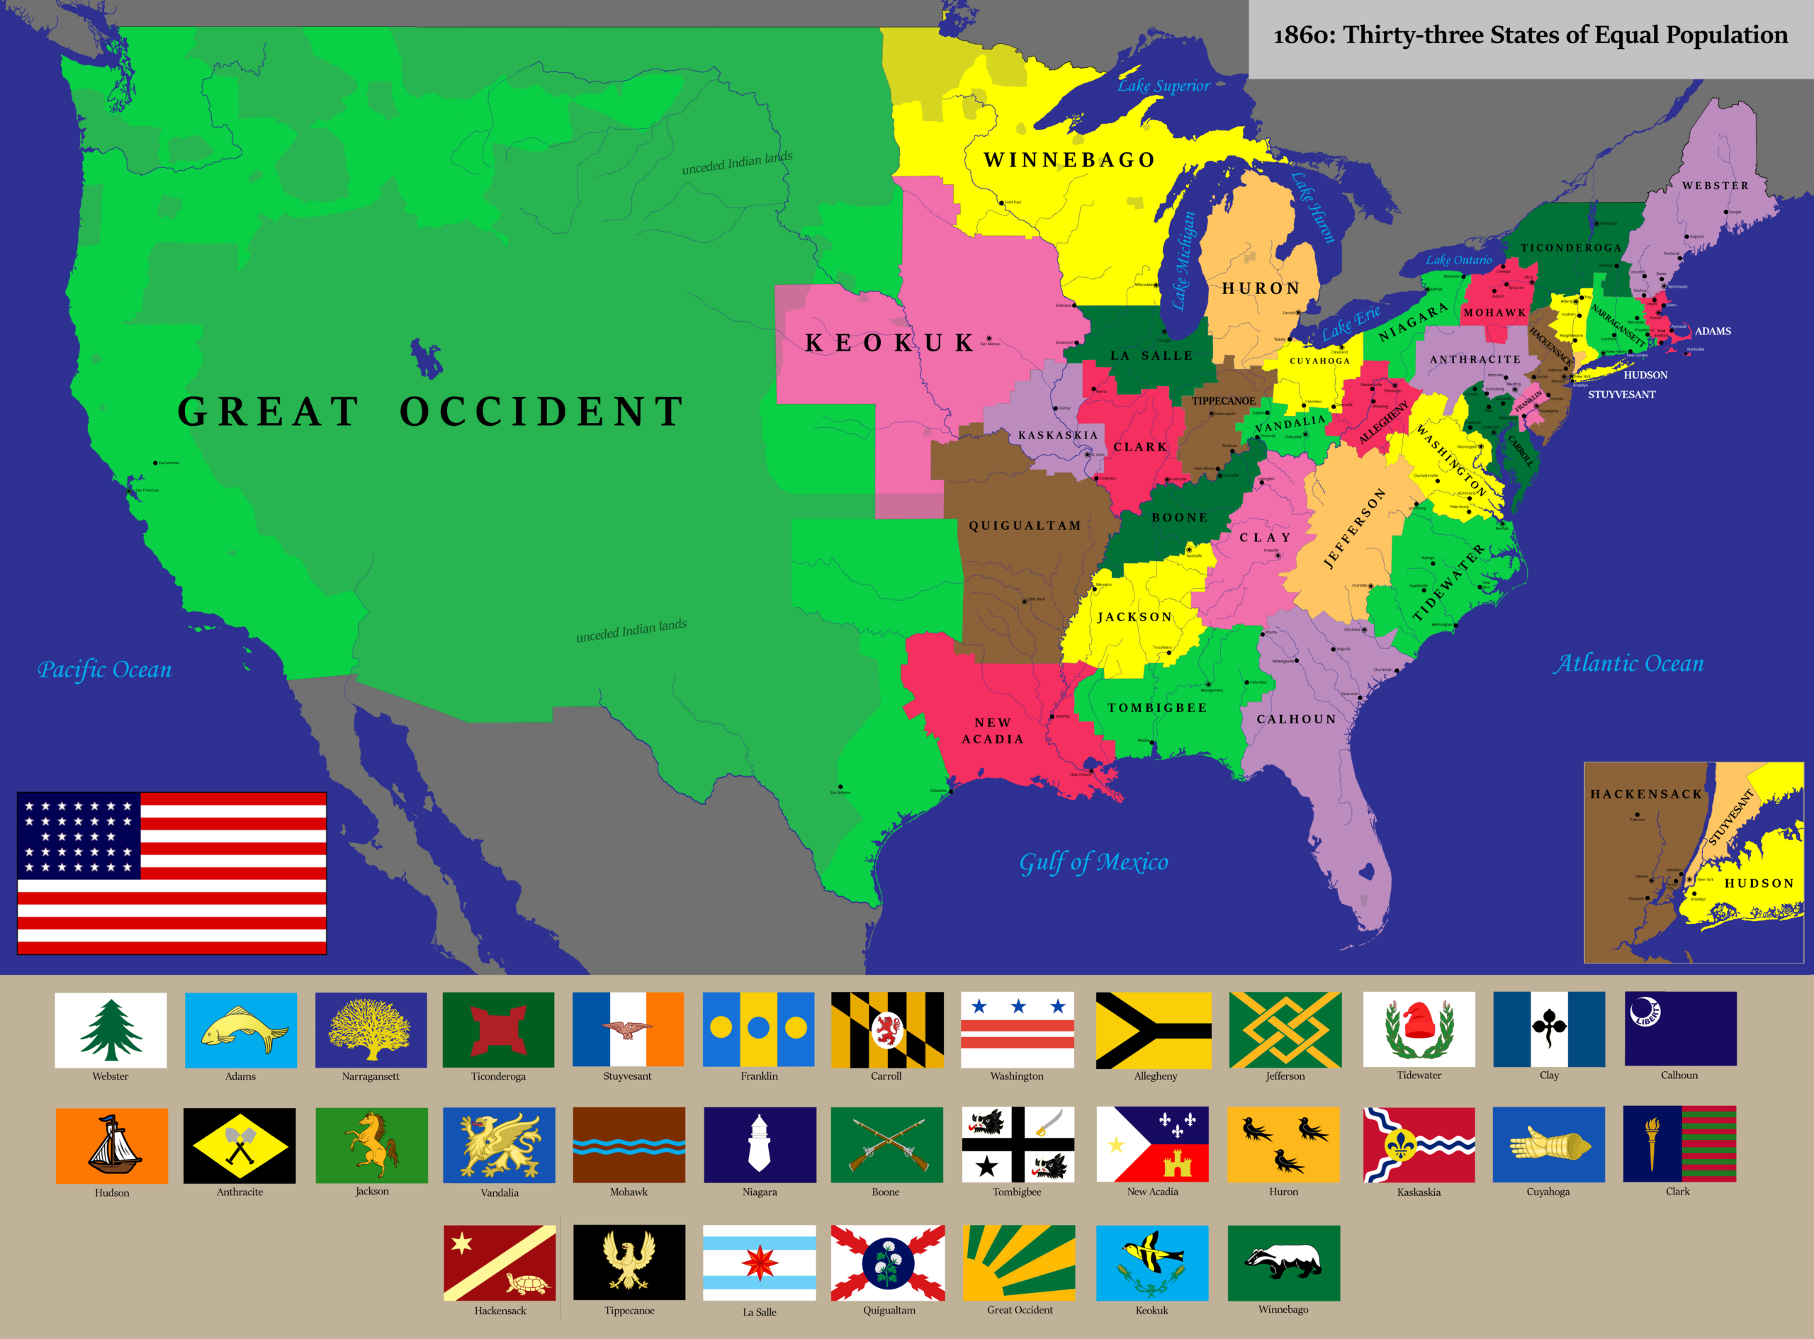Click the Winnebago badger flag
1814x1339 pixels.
[1283, 1262]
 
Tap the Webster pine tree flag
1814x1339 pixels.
[111, 1029]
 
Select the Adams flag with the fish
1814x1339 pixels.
[241, 1029]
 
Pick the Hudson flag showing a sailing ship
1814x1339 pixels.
[112, 1146]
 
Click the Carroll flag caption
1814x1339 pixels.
[886, 1076]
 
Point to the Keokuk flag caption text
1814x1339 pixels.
[1151, 1311]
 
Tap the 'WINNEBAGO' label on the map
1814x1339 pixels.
[1069, 159]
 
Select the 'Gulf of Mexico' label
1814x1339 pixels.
[1093, 862]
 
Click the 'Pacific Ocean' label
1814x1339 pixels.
[105, 669]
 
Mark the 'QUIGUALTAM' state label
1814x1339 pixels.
[1025, 526]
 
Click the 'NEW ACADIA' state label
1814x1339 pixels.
[993, 730]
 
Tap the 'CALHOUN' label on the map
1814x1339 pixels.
[1296, 719]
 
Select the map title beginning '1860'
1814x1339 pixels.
[1529, 35]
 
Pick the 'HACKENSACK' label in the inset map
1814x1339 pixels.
[1645, 794]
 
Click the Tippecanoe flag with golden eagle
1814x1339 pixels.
[629, 1262]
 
